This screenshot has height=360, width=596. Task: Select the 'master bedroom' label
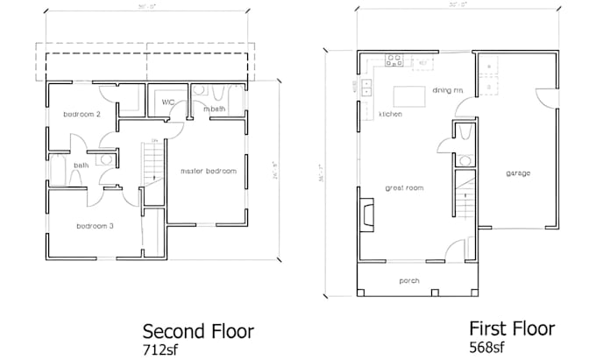point(208,171)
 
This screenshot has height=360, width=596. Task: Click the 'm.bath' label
point(214,109)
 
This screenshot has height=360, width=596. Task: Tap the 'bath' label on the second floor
point(81,165)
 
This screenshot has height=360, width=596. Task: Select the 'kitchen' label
point(390,115)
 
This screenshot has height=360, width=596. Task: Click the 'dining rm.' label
point(448,89)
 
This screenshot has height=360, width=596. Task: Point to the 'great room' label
point(403,187)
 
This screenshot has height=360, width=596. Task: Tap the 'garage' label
point(518,173)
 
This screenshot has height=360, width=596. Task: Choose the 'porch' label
point(409,281)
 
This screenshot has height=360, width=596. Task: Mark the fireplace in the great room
point(365,213)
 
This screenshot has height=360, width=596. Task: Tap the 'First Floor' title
point(512,328)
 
